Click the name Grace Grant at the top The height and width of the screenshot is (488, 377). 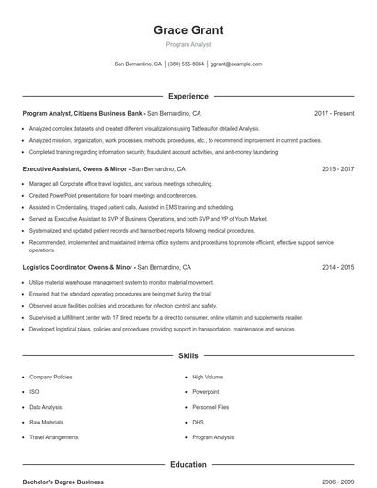pos(188,29)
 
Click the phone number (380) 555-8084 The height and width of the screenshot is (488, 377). pos(186,64)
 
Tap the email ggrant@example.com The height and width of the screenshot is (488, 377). pos(236,64)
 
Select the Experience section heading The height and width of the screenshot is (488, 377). pos(188,96)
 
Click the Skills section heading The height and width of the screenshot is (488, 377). pos(188,354)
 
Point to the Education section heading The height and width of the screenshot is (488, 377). pos(188,465)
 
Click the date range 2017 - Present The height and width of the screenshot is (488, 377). pos(334,113)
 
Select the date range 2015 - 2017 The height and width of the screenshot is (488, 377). pos(337,169)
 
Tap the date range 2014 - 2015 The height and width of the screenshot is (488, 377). pos(337,267)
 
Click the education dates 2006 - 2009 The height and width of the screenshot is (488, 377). pos(337,482)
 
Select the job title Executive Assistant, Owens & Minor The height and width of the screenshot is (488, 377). pos(74,169)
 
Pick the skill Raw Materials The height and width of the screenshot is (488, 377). pos(46,422)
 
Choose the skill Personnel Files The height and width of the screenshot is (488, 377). pos(211,406)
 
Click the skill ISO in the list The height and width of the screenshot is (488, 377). pos(33,391)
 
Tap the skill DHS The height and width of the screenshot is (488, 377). pos(199,422)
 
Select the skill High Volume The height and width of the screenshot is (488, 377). pos(207,377)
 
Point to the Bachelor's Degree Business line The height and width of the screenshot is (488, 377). pos(63,482)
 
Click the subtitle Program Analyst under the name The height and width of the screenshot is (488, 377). pos(188,44)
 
